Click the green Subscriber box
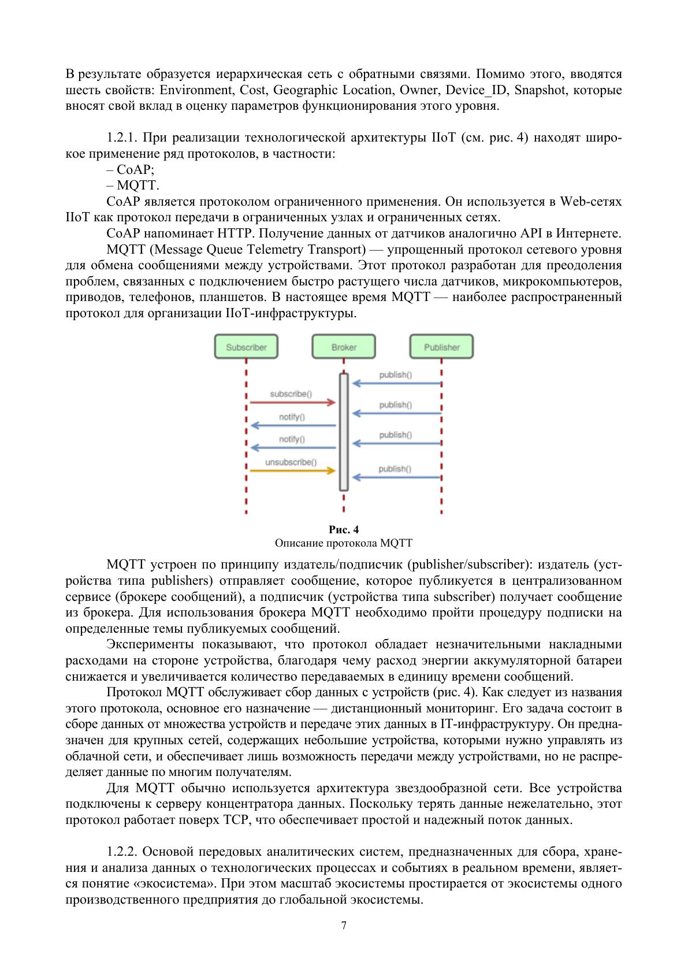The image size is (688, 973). (x=246, y=347)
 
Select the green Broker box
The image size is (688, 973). (x=344, y=347)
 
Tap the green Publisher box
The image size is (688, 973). (x=441, y=347)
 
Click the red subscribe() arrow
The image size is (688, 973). (x=292, y=402)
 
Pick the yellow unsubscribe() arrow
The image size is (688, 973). (x=292, y=471)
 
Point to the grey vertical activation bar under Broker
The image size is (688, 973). (x=344, y=432)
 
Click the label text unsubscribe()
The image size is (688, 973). (x=291, y=462)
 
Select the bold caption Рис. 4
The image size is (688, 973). (x=344, y=530)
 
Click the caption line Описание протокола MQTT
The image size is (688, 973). (x=344, y=543)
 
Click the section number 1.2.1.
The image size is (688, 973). (x=122, y=139)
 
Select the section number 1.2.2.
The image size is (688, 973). (x=122, y=852)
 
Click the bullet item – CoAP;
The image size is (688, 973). (x=131, y=170)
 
